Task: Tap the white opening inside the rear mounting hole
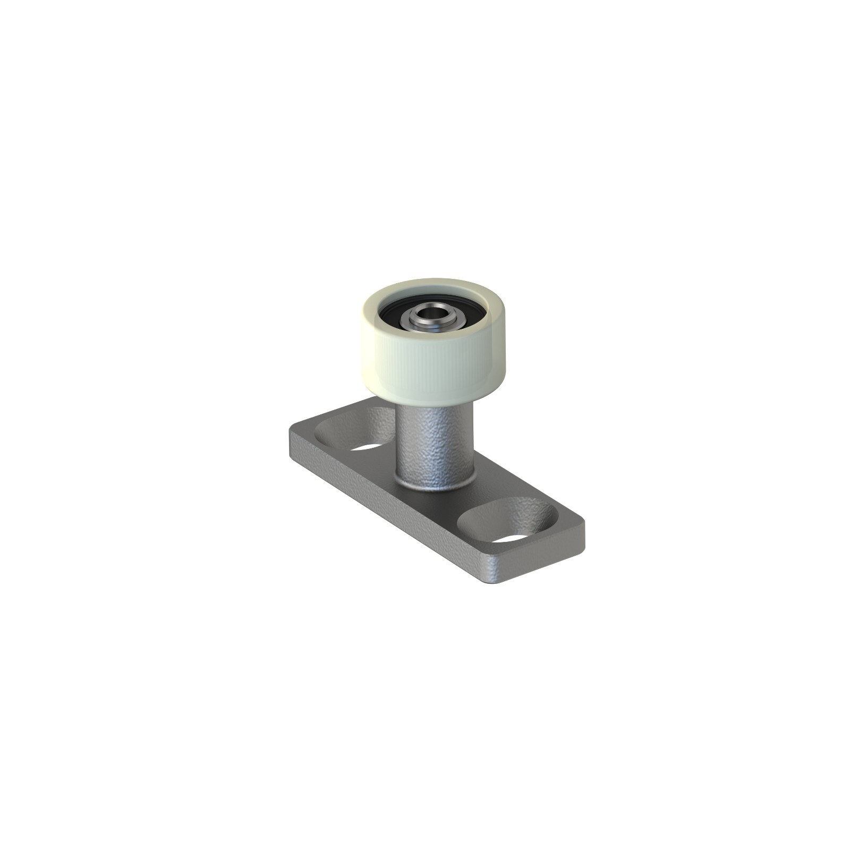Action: click(x=367, y=447)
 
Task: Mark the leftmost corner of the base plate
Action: click(x=290, y=428)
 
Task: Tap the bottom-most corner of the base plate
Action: click(x=491, y=582)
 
